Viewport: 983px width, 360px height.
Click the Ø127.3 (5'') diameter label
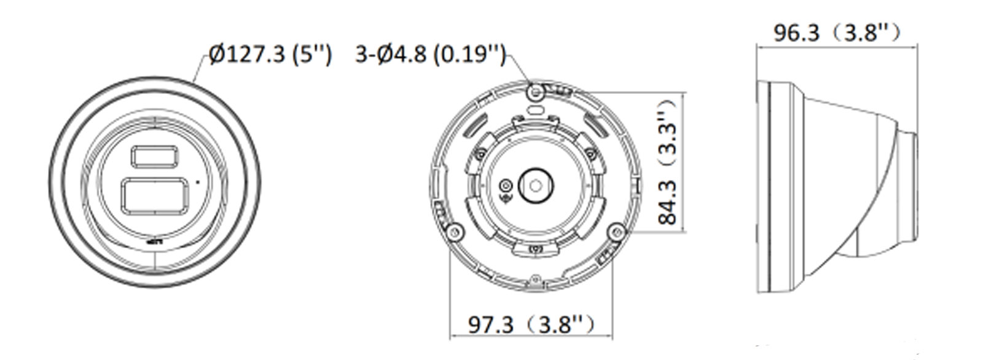coord(270,55)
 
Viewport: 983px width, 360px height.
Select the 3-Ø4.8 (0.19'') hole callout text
coord(430,55)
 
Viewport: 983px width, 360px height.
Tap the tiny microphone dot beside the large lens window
coord(197,181)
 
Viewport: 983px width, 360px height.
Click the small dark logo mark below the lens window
coord(154,242)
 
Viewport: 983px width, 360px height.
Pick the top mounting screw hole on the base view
coord(536,92)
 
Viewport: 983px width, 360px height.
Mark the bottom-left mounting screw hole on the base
coord(455,231)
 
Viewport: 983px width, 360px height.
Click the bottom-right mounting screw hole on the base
coord(616,231)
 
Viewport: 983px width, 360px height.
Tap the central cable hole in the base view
coord(536,185)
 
